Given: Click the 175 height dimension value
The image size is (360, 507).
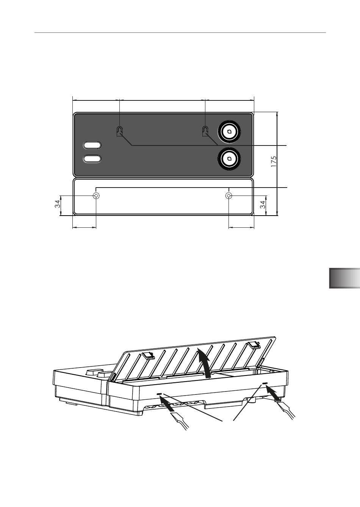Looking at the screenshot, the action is [x=274, y=161].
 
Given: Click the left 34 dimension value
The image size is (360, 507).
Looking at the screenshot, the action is [x=58, y=204].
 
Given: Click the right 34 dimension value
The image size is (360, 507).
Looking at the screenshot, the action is [x=263, y=204].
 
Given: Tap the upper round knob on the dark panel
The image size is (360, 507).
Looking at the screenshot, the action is [x=229, y=132].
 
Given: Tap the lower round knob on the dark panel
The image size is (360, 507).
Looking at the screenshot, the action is [x=229, y=159].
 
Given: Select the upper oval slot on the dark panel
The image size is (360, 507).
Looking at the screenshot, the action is [x=92, y=145].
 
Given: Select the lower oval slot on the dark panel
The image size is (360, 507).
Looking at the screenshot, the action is [x=92, y=159].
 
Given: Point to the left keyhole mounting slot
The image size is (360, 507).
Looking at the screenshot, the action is [x=119, y=131].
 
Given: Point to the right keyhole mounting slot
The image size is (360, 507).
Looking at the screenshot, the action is [x=205, y=131].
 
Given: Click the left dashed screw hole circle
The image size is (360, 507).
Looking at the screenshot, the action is [x=96, y=196].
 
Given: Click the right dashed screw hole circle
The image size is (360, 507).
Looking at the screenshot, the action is [x=229, y=196].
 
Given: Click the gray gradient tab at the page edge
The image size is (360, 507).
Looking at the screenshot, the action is [x=344, y=278].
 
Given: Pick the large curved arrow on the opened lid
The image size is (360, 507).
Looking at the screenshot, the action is [x=205, y=363].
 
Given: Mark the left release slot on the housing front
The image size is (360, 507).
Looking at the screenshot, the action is [x=159, y=394].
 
